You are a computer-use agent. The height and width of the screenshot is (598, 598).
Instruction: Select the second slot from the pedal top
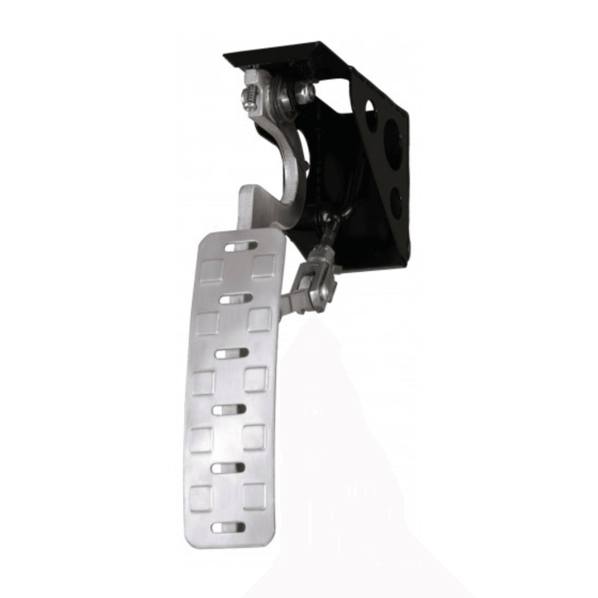point(236,298)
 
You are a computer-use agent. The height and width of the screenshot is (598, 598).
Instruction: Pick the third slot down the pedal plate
point(232,354)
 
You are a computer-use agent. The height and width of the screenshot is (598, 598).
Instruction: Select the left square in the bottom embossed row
point(201,497)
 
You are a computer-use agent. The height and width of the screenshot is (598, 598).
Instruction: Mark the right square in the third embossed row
point(256,379)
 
